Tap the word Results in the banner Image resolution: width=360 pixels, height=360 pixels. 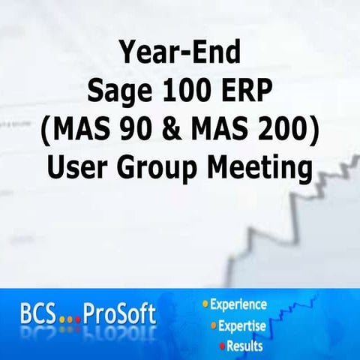point(247,346)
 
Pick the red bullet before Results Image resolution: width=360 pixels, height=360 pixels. point(222,346)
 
